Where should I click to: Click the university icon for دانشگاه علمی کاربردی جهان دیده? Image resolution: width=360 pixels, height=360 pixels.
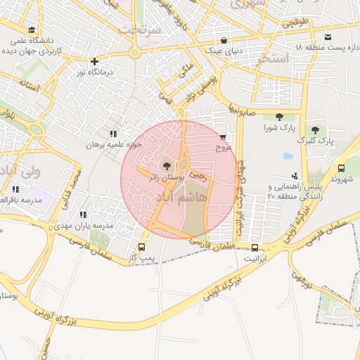[32, 30]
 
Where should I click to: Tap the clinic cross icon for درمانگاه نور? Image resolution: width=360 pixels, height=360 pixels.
[94, 60]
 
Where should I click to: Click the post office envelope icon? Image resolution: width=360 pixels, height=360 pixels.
[328, 37]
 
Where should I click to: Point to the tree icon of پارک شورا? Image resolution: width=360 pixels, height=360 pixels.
[280, 117]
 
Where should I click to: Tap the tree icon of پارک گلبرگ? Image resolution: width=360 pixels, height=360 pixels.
[315, 130]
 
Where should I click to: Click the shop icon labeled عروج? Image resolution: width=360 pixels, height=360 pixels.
[223, 137]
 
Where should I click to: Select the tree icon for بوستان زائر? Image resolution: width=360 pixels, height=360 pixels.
[166, 167]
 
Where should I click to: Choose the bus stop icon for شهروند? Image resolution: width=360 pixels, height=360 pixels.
[341, 168]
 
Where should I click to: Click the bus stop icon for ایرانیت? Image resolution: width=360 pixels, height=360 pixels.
[255, 247]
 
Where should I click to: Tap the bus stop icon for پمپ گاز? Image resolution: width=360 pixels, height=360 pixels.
[143, 247]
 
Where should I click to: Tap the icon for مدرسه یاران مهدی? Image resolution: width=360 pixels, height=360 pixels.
[82, 214]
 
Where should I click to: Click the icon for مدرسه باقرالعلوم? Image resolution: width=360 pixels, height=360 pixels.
[15, 188]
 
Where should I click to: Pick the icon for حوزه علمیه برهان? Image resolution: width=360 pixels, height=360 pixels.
[113, 134]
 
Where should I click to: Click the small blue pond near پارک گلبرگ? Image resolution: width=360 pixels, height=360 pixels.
[288, 155]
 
